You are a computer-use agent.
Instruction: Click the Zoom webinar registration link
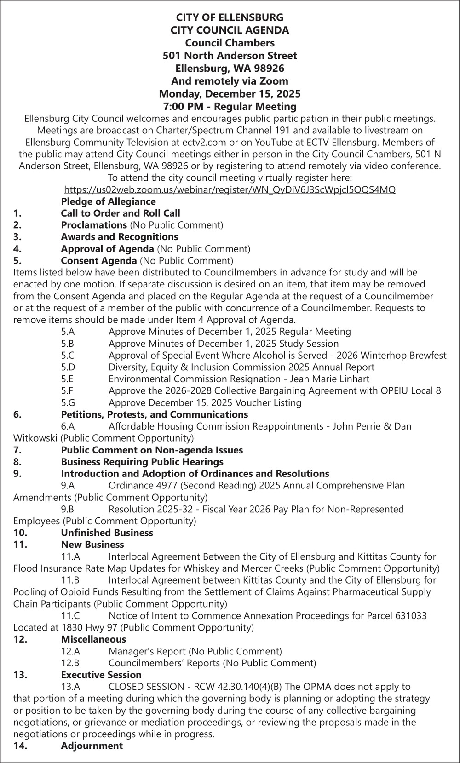pos(230,189)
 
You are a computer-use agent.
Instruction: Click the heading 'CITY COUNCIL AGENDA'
pos(230,30)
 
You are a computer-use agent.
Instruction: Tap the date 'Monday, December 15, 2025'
pos(230,94)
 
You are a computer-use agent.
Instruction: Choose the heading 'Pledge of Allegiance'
pos(108,201)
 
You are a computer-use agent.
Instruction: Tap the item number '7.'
pos(17,450)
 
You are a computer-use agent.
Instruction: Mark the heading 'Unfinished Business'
pos(107,533)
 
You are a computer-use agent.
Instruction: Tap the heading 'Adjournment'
pos(92,746)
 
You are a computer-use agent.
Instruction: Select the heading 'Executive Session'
pos(101,675)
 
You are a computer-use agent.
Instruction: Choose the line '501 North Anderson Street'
pos(230,56)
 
